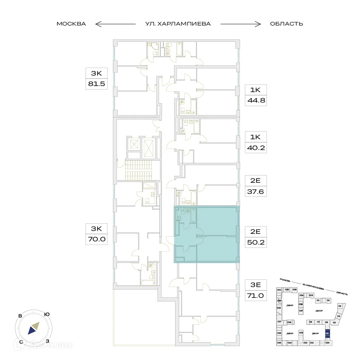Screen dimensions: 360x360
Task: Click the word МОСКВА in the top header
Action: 71,24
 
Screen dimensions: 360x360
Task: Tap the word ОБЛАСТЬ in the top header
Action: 286,24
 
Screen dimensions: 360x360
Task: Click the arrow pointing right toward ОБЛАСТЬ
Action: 241,24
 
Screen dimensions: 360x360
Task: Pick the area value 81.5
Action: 96,85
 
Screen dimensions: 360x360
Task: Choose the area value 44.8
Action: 256,101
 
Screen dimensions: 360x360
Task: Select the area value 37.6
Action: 256,192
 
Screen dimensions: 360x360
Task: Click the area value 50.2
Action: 256,242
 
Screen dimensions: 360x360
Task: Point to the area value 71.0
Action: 256,296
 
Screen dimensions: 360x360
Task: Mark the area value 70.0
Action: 96,238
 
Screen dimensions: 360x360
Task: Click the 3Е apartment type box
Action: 256,286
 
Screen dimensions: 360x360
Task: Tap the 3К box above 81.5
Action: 96,74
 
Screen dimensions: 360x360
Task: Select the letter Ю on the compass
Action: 47,314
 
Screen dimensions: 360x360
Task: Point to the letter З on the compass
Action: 47,341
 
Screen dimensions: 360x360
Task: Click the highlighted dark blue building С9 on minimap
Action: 327,334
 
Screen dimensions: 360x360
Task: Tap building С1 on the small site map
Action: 318,300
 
